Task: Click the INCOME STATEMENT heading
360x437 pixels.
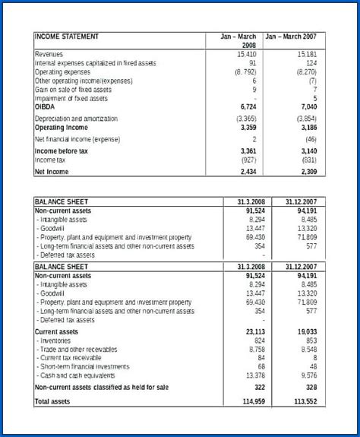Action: pos(67,36)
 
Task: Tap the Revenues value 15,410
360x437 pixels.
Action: pos(247,55)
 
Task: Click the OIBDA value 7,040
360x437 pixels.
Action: pos(307,107)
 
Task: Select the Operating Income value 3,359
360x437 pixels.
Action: pos(247,128)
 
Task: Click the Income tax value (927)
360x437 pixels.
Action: pos(247,160)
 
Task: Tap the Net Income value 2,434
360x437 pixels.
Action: pos(247,173)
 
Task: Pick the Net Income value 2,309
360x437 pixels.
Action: pos(307,173)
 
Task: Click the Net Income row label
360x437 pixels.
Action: pos(52,173)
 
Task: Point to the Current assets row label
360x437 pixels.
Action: pos(58,332)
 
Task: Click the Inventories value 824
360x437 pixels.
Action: pos(260,340)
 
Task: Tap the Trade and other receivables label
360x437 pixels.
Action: pos(79,350)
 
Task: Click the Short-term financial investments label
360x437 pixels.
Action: pos(84,366)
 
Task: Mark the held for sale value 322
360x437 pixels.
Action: pos(258,388)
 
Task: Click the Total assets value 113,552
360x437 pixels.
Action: pos(305,401)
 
